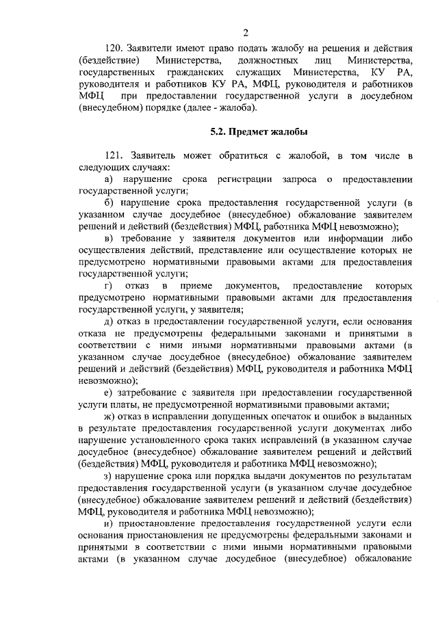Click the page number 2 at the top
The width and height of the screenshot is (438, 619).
pyautogui.click(x=246, y=33)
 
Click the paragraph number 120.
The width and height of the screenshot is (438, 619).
pyautogui.click(x=114, y=50)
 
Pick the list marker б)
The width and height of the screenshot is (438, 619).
pyautogui.click(x=108, y=203)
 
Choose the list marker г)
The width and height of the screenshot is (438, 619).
pyautogui.click(x=107, y=285)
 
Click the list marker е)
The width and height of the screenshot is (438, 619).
pyautogui.click(x=108, y=392)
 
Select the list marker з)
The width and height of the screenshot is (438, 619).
pyautogui.click(x=108, y=475)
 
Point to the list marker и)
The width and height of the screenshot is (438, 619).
pyautogui.click(x=108, y=522)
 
